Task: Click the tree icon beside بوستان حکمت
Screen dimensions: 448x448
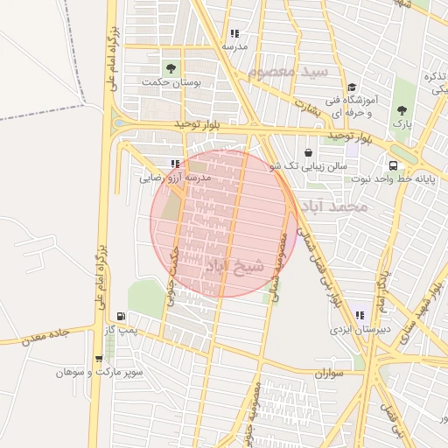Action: tap(170, 67)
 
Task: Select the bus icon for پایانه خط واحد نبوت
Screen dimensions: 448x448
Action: tap(393, 164)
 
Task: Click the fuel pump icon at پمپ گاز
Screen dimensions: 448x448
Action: tap(120, 317)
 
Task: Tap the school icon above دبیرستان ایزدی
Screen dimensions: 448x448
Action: tap(359, 316)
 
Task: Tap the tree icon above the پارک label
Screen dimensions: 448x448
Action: tap(402, 110)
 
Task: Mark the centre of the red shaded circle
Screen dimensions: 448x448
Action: tap(222, 222)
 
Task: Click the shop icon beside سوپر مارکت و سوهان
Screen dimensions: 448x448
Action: tap(98, 358)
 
